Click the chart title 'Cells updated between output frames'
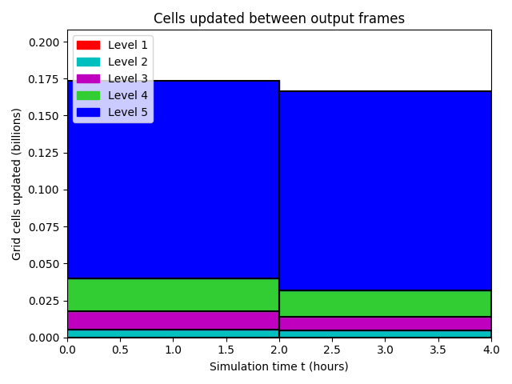pos(279,18)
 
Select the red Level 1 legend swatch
pos(88,45)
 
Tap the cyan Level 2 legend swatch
pos(88,62)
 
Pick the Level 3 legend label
pos(128,78)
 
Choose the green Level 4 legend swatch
pos(88,95)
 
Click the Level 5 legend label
pos(128,112)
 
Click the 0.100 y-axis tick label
pos(44,190)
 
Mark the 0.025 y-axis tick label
pos(44,301)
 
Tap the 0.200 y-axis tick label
pos(44,42)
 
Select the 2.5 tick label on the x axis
pos(332,350)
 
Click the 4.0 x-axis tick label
pos(491,350)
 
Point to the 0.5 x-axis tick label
pos(120,350)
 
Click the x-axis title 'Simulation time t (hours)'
pos(279,366)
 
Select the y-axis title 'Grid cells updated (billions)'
pos(16,184)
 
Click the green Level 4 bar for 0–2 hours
pos(174,295)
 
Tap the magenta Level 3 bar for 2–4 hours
pos(386,323)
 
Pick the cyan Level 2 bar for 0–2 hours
pos(174,334)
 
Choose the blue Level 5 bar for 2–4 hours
pos(386,190)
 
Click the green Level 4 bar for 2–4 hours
pos(386,304)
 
